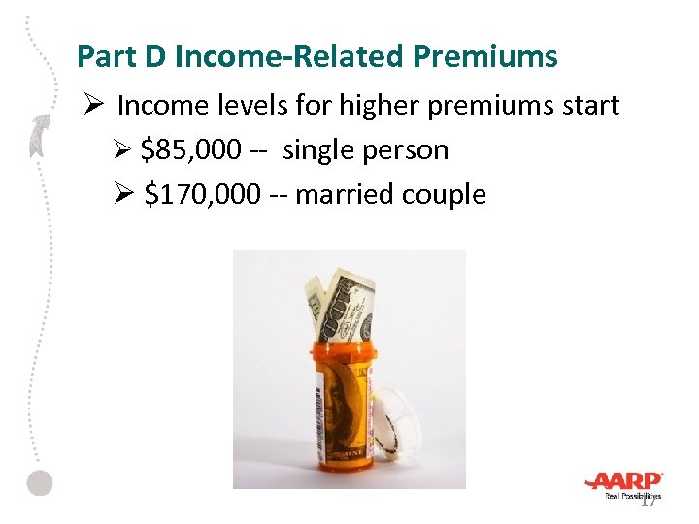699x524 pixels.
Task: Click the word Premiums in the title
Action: [x=496, y=57]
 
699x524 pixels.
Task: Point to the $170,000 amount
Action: [x=202, y=194]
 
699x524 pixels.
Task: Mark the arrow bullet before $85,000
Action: [x=122, y=151]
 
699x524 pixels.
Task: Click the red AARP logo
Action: [x=623, y=480]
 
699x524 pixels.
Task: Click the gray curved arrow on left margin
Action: [x=40, y=135]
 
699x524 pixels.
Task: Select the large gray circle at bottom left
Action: [x=39, y=482]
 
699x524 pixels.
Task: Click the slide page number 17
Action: [x=649, y=499]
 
